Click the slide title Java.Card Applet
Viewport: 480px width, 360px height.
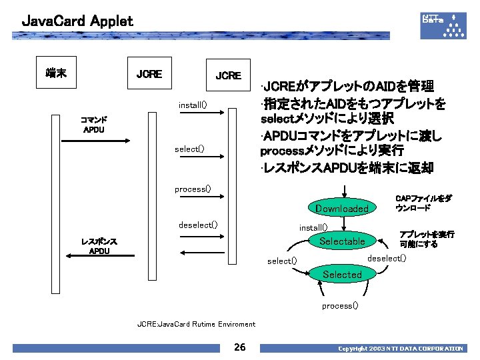[x=77, y=21]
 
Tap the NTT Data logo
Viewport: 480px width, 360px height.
[x=442, y=25]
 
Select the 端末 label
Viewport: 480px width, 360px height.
[x=55, y=72]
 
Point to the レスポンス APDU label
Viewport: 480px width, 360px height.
[x=99, y=246]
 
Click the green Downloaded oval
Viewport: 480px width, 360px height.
[x=342, y=209]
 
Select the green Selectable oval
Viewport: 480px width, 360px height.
[x=342, y=241]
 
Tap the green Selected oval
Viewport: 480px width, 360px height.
[x=342, y=274]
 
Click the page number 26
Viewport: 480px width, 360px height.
[x=240, y=347]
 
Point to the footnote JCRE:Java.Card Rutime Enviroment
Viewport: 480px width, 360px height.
[x=196, y=324]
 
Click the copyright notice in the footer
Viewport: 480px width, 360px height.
[x=401, y=348]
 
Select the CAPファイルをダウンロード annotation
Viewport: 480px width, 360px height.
[x=423, y=203]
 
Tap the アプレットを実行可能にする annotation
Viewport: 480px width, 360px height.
[x=426, y=239]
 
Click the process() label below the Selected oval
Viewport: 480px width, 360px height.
[x=340, y=305]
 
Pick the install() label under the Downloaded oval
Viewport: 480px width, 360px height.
[x=313, y=227]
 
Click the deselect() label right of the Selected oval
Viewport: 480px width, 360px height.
[x=387, y=258]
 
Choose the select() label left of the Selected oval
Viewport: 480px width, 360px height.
[x=282, y=261]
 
